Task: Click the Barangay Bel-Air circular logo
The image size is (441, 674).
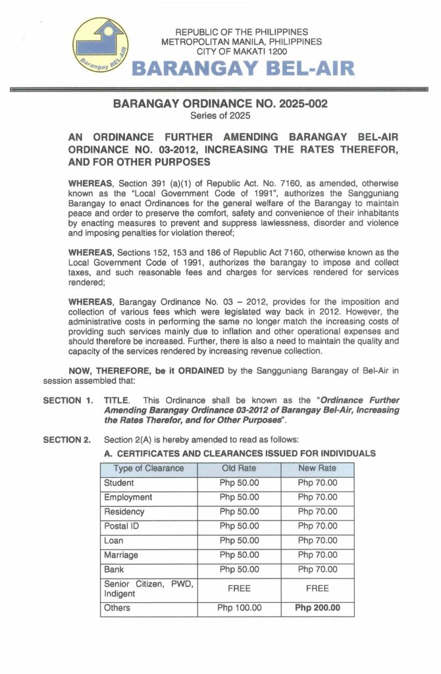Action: click(x=101, y=45)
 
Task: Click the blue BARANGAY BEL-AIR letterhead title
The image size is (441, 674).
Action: click(x=244, y=68)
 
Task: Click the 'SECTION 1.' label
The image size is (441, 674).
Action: click(x=67, y=400)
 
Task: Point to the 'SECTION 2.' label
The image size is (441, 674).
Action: click(x=67, y=440)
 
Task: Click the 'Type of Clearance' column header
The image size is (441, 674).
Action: click(x=149, y=469)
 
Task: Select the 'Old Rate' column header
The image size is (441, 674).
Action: click(x=239, y=469)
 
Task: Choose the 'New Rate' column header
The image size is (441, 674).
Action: click(x=317, y=469)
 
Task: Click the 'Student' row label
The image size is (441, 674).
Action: click(x=119, y=483)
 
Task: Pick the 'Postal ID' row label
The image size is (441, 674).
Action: click(x=123, y=527)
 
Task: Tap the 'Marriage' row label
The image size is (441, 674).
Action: click(x=121, y=556)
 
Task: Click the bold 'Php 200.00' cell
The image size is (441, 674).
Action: click(x=317, y=608)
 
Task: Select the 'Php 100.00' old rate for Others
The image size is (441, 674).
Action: click(x=239, y=608)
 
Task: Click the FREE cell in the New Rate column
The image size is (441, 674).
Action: click(x=317, y=588)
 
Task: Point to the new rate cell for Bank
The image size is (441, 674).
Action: click(x=317, y=570)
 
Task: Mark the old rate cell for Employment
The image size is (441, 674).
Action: click(x=239, y=498)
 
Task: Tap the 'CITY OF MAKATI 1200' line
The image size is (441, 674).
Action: click(x=242, y=51)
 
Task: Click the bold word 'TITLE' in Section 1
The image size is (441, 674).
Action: click(x=117, y=400)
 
